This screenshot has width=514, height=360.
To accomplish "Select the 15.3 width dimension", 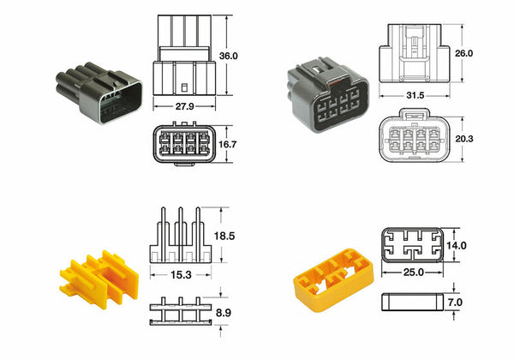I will tap(179, 274).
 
